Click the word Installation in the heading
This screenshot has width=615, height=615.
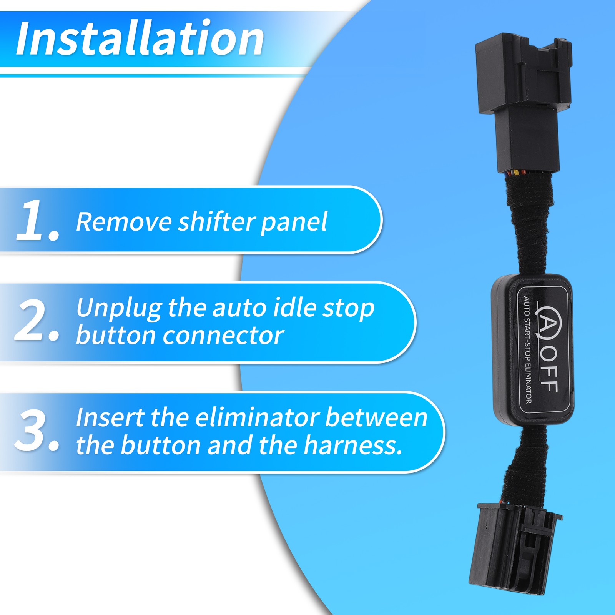[x=140, y=38]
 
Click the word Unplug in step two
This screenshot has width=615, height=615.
[x=119, y=309]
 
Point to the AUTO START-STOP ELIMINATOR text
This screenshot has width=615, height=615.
[x=527, y=350]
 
